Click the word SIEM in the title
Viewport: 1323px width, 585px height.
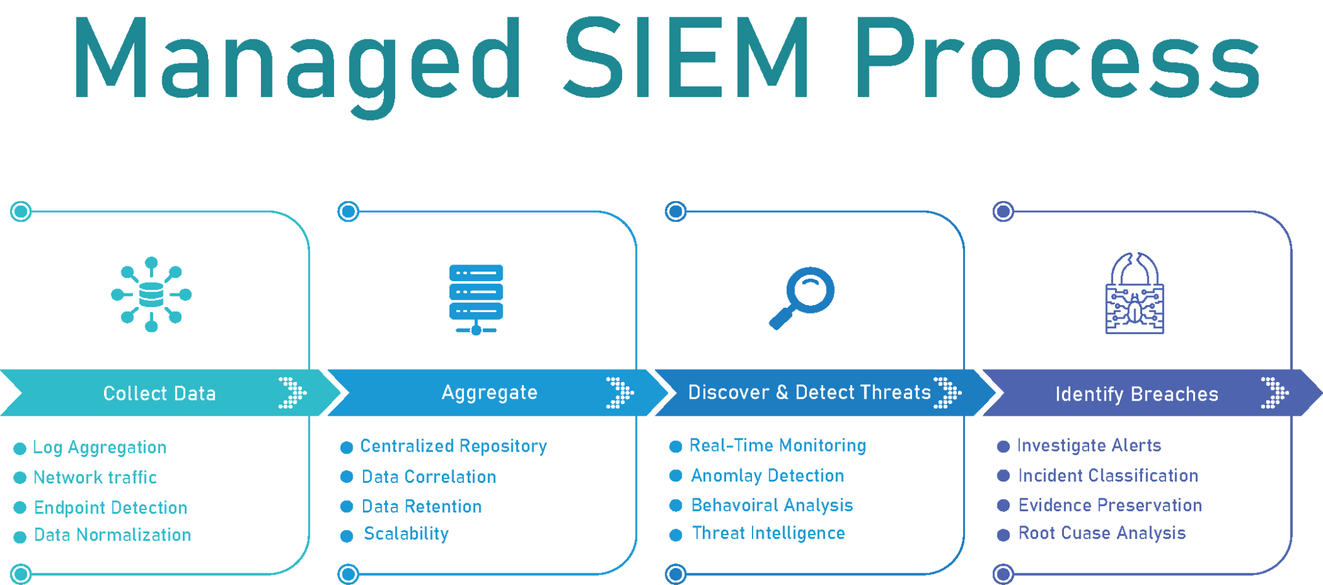point(687,59)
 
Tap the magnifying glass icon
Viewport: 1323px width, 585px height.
point(802,297)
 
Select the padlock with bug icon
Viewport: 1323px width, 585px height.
point(1134,294)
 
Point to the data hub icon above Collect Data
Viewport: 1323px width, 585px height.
point(151,294)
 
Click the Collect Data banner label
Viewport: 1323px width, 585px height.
point(160,394)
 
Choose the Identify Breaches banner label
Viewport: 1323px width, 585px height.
point(1136,394)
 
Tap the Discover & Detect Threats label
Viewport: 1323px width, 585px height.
point(809,392)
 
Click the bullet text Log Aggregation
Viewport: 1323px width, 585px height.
point(99,447)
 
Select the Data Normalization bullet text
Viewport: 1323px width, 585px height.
point(112,535)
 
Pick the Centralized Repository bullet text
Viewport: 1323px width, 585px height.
point(453,446)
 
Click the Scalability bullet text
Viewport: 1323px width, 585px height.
point(406,534)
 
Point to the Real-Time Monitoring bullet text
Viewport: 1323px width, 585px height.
point(778,445)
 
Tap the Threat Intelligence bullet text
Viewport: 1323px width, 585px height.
point(769,533)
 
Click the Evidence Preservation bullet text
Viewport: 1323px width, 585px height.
point(1110,505)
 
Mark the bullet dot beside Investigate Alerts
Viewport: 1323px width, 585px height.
point(1003,447)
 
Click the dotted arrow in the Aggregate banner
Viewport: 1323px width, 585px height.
point(620,392)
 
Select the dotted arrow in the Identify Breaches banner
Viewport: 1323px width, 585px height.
point(1275,392)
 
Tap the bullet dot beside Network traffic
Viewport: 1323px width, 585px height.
point(20,478)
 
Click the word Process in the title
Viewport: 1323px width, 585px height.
point(1059,59)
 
